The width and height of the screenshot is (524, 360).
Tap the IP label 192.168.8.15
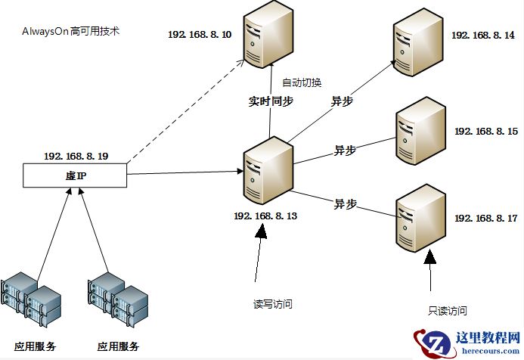pos(485,132)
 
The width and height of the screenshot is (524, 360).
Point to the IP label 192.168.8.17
pos(485,219)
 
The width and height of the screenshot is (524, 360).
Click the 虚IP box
pos(73,176)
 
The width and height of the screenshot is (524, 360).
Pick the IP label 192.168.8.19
pos(76,156)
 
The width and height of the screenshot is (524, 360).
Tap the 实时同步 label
pos(271,100)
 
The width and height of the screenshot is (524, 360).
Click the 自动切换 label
pos(302,82)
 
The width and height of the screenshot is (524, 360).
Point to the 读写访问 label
pos(272,304)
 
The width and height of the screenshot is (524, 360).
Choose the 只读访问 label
pos(446,311)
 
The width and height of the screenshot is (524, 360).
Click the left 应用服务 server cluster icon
pos(30,302)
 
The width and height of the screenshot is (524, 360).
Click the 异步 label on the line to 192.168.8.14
pos(342,100)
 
